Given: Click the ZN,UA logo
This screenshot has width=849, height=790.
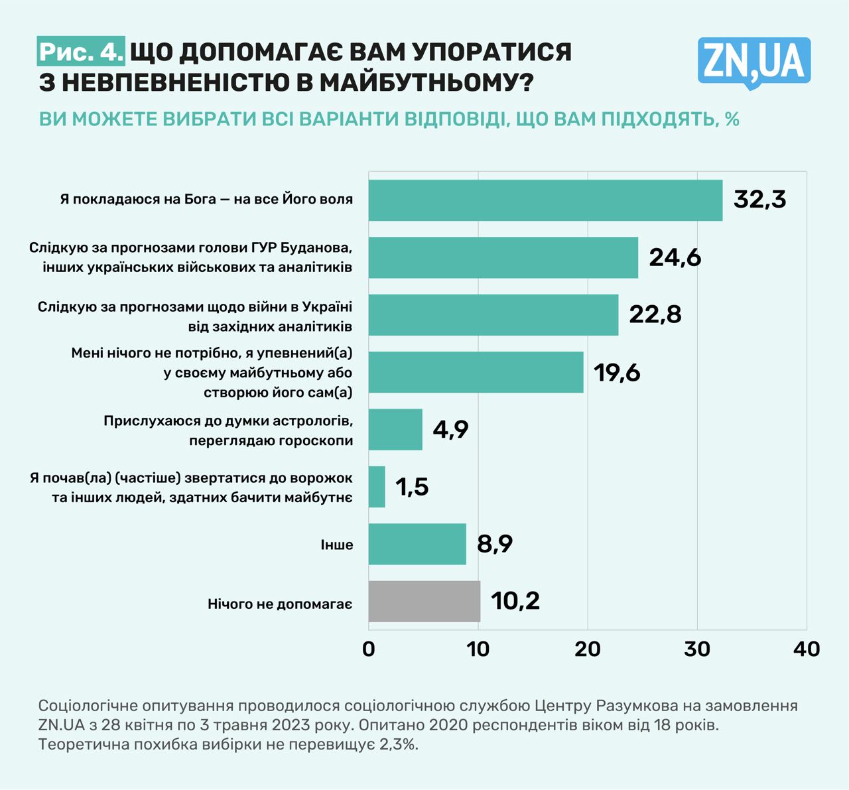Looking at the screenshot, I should click(753, 62).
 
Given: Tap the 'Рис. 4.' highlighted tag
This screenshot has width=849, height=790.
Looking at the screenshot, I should click(81, 52).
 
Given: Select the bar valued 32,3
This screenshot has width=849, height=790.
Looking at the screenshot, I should click(545, 200).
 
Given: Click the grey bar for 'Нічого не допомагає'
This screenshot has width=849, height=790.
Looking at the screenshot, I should click(424, 602).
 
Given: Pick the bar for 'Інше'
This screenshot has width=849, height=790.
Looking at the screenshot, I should click(417, 544).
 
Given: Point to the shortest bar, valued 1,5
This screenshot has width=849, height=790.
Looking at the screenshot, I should click(377, 487).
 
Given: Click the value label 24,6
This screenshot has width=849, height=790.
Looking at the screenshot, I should click(675, 257).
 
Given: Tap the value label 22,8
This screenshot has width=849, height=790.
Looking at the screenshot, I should click(655, 314).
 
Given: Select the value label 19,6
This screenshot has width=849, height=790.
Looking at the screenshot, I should click(617, 373).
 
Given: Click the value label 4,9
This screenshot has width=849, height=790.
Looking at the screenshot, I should click(450, 429).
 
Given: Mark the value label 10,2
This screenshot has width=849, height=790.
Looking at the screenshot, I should click(515, 601).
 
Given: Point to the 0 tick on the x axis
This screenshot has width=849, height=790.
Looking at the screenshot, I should click(369, 649).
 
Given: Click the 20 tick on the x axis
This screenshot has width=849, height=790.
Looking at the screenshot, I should click(588, 649).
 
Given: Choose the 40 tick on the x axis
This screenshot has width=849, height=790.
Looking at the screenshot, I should click(807, 649).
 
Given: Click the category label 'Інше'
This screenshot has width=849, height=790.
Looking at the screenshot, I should click(336, 545).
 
